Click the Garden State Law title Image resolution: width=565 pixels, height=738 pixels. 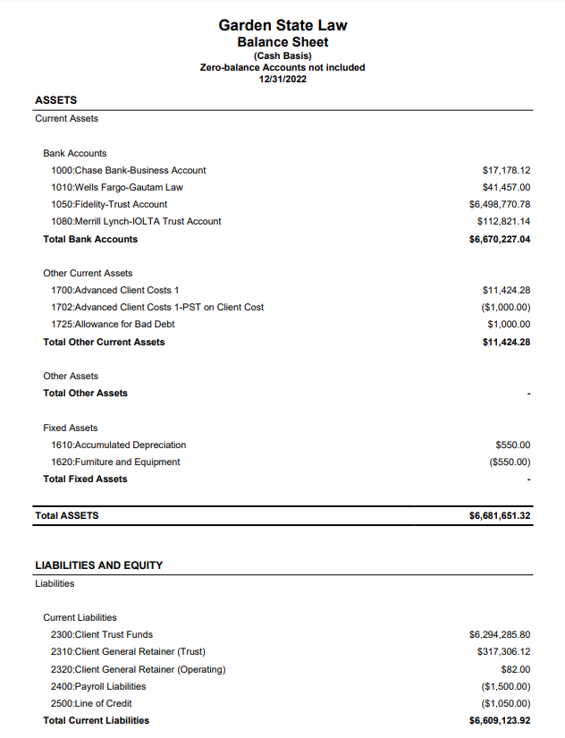282,25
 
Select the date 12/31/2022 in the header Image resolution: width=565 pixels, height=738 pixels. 282,79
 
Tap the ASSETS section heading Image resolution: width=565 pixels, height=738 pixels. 55,100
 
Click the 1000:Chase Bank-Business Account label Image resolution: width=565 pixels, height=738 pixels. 128,170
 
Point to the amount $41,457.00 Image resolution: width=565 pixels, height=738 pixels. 506,187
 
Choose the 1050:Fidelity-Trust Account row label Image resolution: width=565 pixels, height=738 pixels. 109,204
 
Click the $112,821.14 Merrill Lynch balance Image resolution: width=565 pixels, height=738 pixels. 503,221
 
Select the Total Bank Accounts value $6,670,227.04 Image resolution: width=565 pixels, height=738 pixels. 500,239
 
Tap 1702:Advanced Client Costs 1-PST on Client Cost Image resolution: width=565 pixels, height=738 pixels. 157,307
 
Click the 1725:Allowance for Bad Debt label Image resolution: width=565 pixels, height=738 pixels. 113,324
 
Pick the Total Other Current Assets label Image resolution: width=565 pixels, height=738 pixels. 104,342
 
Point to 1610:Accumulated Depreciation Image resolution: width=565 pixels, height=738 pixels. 118,445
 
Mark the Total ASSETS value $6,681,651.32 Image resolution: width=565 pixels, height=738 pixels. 500,516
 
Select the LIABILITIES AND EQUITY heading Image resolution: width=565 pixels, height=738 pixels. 98,565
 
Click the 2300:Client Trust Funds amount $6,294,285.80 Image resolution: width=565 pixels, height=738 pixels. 500,634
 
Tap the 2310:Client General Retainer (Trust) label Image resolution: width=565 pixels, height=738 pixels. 128,652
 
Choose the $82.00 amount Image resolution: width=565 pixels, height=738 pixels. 516,669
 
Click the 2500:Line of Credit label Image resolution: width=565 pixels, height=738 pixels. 91,703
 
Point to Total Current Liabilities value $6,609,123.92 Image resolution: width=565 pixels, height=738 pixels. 500,720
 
